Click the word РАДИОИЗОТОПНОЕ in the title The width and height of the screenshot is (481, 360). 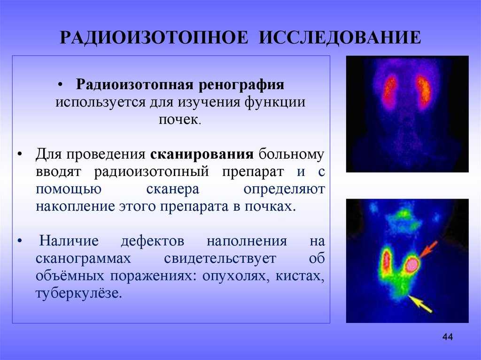point(154,38)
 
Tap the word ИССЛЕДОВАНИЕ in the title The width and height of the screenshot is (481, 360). point(340,38)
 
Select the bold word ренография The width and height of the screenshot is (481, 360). point(241,85)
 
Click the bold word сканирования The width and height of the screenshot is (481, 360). point(202,154)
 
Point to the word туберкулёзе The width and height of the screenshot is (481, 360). point(79,293)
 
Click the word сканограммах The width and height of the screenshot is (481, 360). point(83,259)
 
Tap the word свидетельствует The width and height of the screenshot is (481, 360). point(220,259)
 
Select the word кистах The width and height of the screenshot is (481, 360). point(300,276)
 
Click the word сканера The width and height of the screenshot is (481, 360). point(173,189)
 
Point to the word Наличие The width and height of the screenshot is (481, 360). point(69,241)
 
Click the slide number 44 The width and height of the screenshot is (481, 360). point(448,337)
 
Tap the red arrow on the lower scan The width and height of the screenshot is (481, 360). point(429,249)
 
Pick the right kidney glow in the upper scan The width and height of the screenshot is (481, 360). point(423,92)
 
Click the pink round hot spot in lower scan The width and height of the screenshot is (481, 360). point(411,264)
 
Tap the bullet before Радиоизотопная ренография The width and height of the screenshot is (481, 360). point(60,85)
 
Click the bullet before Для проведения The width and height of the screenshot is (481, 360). point(20,154)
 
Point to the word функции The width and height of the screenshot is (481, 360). point(275,102)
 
